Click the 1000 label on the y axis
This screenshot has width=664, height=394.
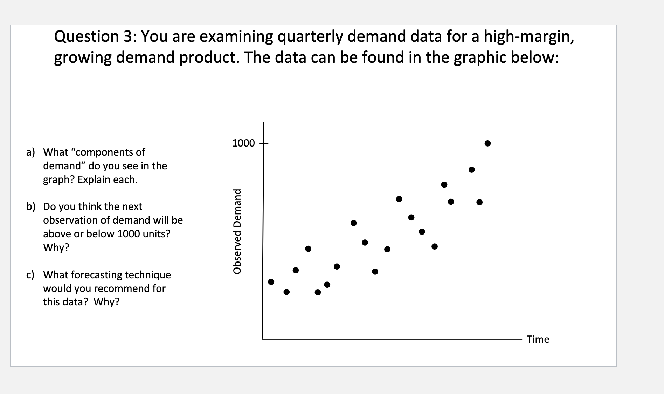click(x=243, y=143)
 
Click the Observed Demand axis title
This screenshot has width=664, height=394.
click(x=238, y=231)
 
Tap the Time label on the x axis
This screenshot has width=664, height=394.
click(x=538, y=339)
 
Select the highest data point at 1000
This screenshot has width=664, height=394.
click(x=487, y=143)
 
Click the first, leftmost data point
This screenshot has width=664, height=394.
click(x=271, y=282)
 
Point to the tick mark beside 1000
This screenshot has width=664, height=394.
click(x=263, y=143)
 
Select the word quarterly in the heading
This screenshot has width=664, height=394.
click(x=309, y=37)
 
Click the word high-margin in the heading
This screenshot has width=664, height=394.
click(x=528, y=37)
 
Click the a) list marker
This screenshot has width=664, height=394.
click(x=31, y=152)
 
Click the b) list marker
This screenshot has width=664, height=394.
click(x=31, y=206)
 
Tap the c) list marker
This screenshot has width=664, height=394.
click(x=30, y=275)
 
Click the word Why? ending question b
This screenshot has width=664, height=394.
click(x=56, y=247)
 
